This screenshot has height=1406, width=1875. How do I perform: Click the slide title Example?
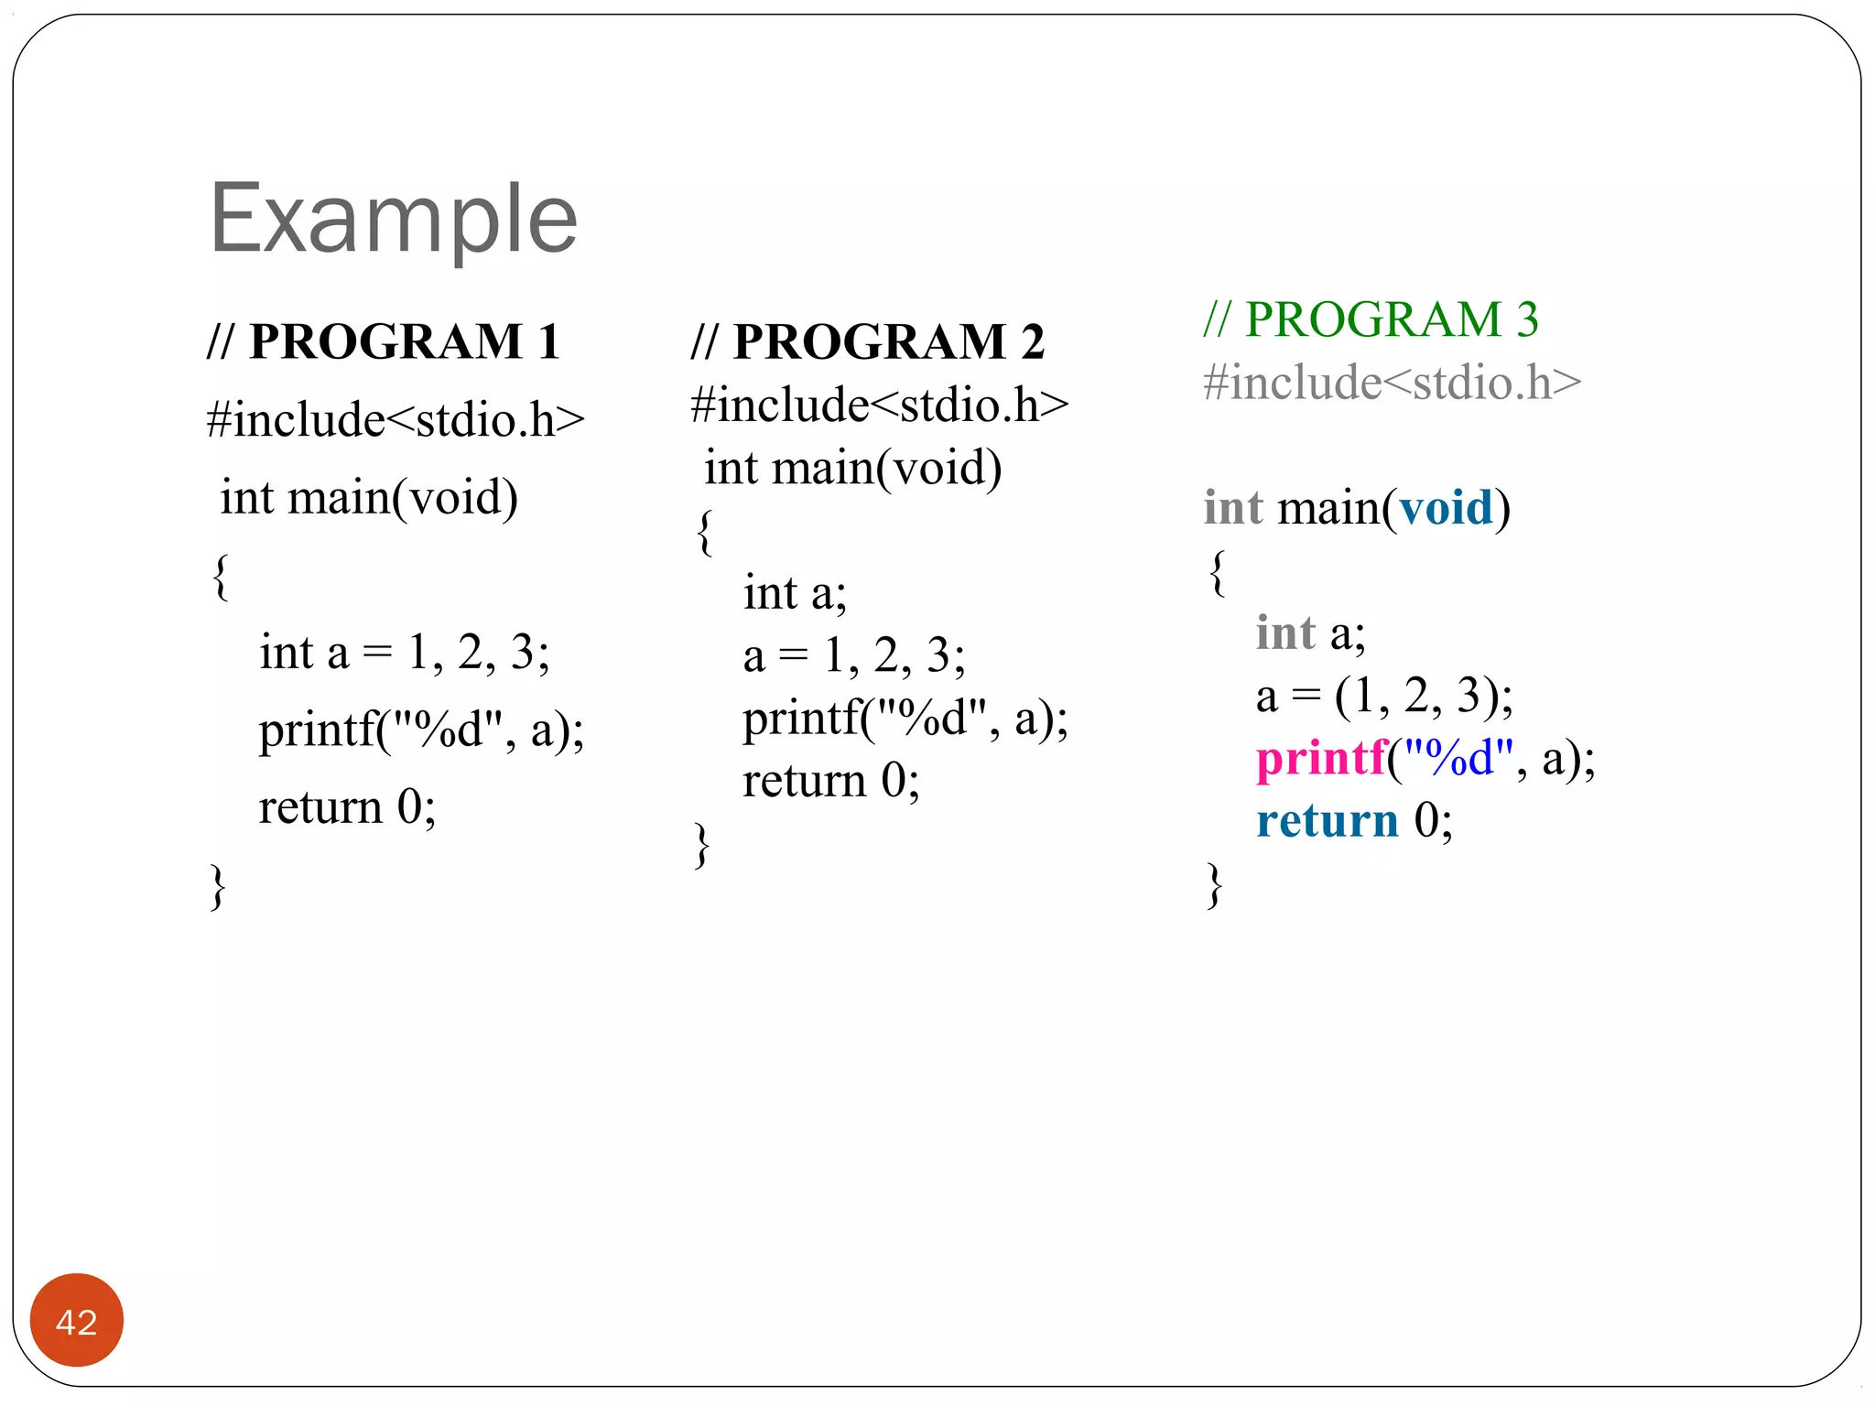point(394,220)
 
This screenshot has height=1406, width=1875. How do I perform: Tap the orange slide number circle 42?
point(76,1321)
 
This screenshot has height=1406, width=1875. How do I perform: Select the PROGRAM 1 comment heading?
point(384,342)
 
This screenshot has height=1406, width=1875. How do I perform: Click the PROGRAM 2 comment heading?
point(867,342)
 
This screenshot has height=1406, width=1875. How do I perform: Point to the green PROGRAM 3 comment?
point(1371,319)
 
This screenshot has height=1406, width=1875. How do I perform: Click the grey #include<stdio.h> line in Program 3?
point(1392,383)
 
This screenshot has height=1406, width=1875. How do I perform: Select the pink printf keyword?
point(1321,758)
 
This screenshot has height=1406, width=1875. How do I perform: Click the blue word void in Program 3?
point(1446,508)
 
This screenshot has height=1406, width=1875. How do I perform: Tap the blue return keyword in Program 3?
point(1327,820)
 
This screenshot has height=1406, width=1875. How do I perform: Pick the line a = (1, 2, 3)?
point(1383,696)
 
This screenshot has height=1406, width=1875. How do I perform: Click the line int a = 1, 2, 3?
point(404,653)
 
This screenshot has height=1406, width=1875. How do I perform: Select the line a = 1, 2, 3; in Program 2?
point(853,655)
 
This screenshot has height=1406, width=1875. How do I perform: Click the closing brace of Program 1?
point(218,886)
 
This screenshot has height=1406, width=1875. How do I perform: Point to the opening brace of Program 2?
point(703,532)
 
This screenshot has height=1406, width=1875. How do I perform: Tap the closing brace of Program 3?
point(1215,885)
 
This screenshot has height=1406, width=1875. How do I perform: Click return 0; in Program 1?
point(347,807)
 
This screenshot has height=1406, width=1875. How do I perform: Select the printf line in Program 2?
point(905,719)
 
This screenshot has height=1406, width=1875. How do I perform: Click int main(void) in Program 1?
point(369,498)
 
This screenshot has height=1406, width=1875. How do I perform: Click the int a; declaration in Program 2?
point(795,593)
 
